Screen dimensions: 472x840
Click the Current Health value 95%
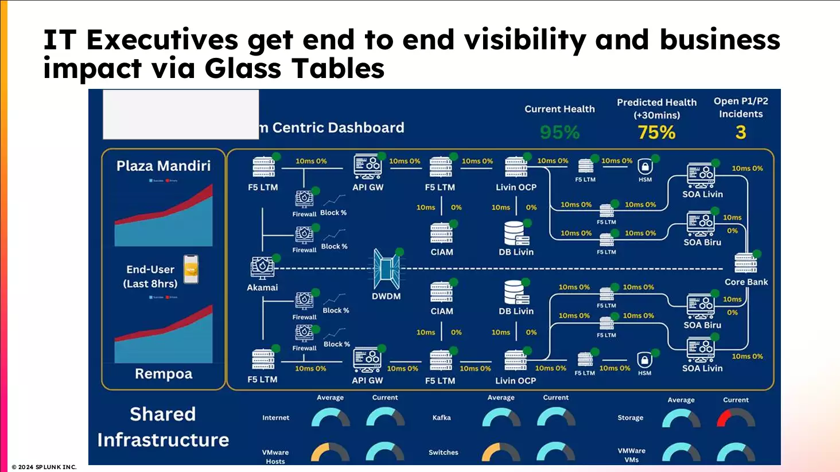click(x=559, y=132)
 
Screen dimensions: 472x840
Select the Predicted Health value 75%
click(x=656, y=132)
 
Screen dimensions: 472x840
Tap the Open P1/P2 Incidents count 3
click(x=740, y=132)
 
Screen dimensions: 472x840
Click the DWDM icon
click(x=386, y=269)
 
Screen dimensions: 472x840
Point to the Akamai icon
click(x=262, y=267)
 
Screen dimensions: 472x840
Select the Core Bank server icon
click(x=746, y=263)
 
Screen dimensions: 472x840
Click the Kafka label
click(x=441, y=418)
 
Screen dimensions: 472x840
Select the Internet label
click(x=275, y=418)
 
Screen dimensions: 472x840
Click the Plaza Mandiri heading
click(x=164, y=166)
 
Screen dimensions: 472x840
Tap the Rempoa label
click(x=164, y=374)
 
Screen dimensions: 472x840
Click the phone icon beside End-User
click(x=190, y=270)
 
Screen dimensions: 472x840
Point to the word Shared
click(x=163, y=414)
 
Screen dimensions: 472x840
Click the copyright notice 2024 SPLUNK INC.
click(x=44, y=467)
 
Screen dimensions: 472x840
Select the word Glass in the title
click(x=243, y=68)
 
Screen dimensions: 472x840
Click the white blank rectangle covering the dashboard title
click(x=181, y=114)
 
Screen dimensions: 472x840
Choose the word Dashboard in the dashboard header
click(x=367, y=127)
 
